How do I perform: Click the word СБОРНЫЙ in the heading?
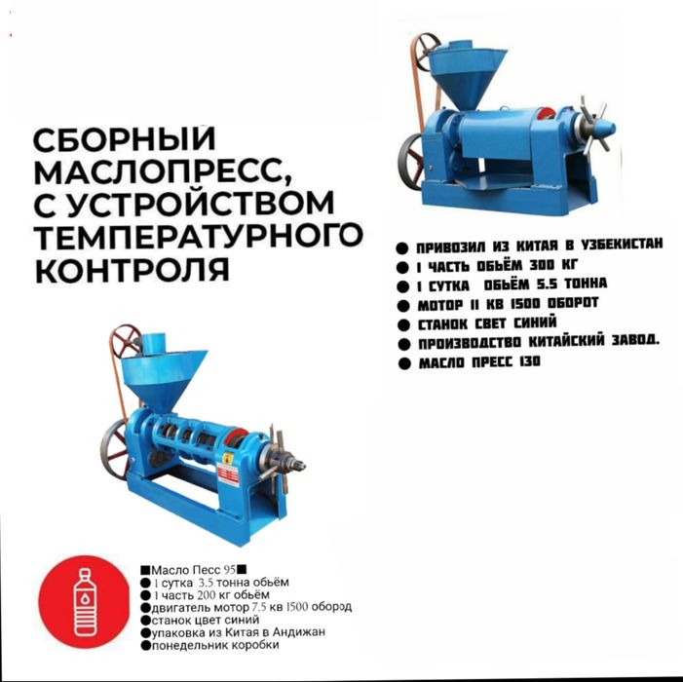[125, 138]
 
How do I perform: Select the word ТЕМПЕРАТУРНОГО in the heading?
[198, 236]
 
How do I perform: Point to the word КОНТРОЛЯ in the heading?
[132, 269]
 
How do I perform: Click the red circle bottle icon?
[85, 602]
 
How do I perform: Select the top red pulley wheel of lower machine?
[124, 341]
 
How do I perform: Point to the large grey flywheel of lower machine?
[114, 449]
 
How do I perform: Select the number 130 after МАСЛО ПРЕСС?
[530, 361]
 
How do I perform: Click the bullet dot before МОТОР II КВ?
[403, 306]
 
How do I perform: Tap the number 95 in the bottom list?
[229, 570]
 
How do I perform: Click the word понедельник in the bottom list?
[189, 645]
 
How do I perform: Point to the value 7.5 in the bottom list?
[259, 607]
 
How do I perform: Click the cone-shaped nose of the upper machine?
[605, 129]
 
